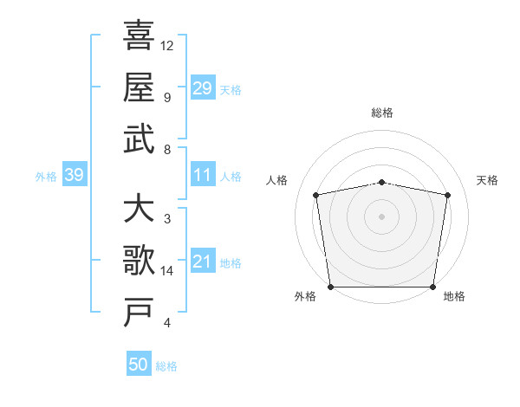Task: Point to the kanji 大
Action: (x=139, y=209)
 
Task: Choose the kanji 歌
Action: (x=139, y=261)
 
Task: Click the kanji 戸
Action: (x=139, y=313)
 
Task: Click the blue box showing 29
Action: (x=202, y=88)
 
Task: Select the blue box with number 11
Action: (x=202, y=176)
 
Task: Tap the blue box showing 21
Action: (x=202, y=262)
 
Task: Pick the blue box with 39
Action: (x=74, y=176)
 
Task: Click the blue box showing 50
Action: (x=139, y=365)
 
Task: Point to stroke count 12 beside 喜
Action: (x=167, y=45)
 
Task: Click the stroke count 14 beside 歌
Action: (x=167, y=271)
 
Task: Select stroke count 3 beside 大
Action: (x=166, y=219)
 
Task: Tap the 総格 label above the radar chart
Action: (x=382, y=113)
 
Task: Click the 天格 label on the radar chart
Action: (x=488, y=180)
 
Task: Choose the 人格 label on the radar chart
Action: (x=277, y=180)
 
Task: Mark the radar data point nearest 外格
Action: (x=330, y=287)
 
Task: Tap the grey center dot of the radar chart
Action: (x=382, y=216)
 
